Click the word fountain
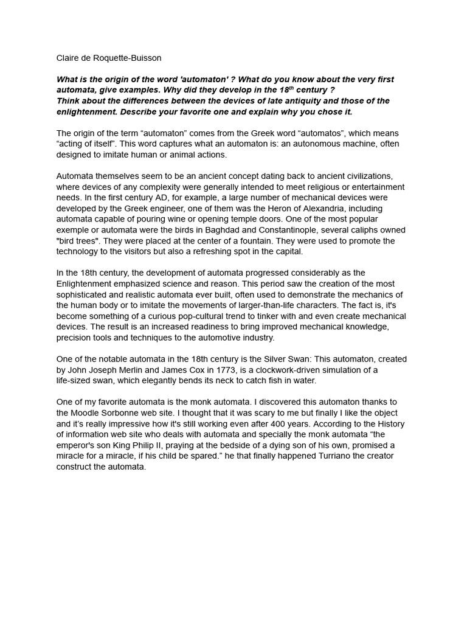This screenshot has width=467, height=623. (283, 242)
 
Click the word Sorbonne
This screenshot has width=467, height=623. (124, 413)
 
